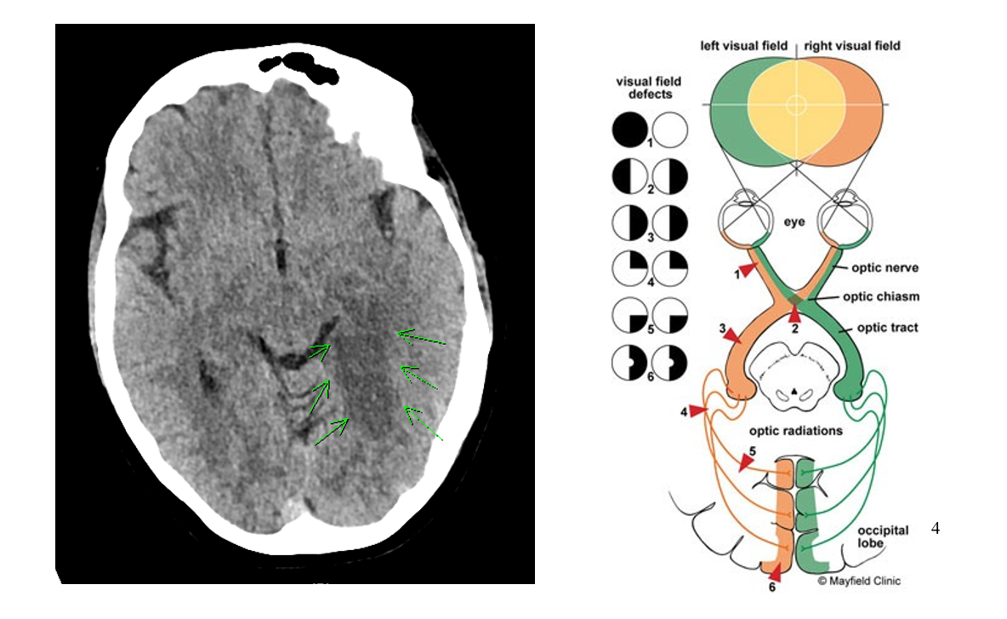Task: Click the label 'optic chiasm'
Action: coord(880,297)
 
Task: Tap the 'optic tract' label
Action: coord(887,327)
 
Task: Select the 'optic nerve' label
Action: coord(885,267)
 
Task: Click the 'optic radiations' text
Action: coord(795,431)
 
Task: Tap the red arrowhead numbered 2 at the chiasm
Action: coord(793,315)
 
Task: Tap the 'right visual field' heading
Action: coord(851,45)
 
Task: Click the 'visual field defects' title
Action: coord(648,89)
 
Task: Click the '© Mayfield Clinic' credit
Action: coord(859,582)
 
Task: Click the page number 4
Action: coord(936,528)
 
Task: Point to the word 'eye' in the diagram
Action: coord(794,221)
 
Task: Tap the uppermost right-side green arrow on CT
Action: coord(420,340)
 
